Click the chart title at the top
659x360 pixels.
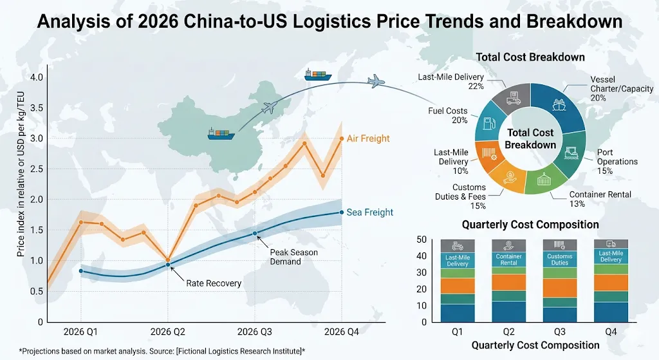(329, 22)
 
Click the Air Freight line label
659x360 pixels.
(368, 138)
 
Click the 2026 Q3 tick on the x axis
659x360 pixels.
(254, 332)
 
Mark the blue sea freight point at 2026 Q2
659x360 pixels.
(168, 265)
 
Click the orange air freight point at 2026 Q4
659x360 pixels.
(341, 138)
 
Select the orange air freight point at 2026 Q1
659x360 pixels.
(81, 222)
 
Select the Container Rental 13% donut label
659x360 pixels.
(600, 199)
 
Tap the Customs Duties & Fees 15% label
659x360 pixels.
(469, 196)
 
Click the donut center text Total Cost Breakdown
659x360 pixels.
(530, 138)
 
